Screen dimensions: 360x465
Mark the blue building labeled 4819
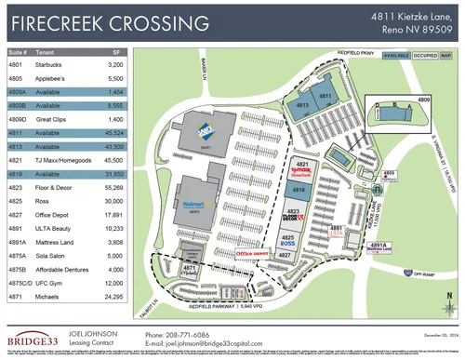point(299,190)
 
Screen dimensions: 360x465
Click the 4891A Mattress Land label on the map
point(378,247)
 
